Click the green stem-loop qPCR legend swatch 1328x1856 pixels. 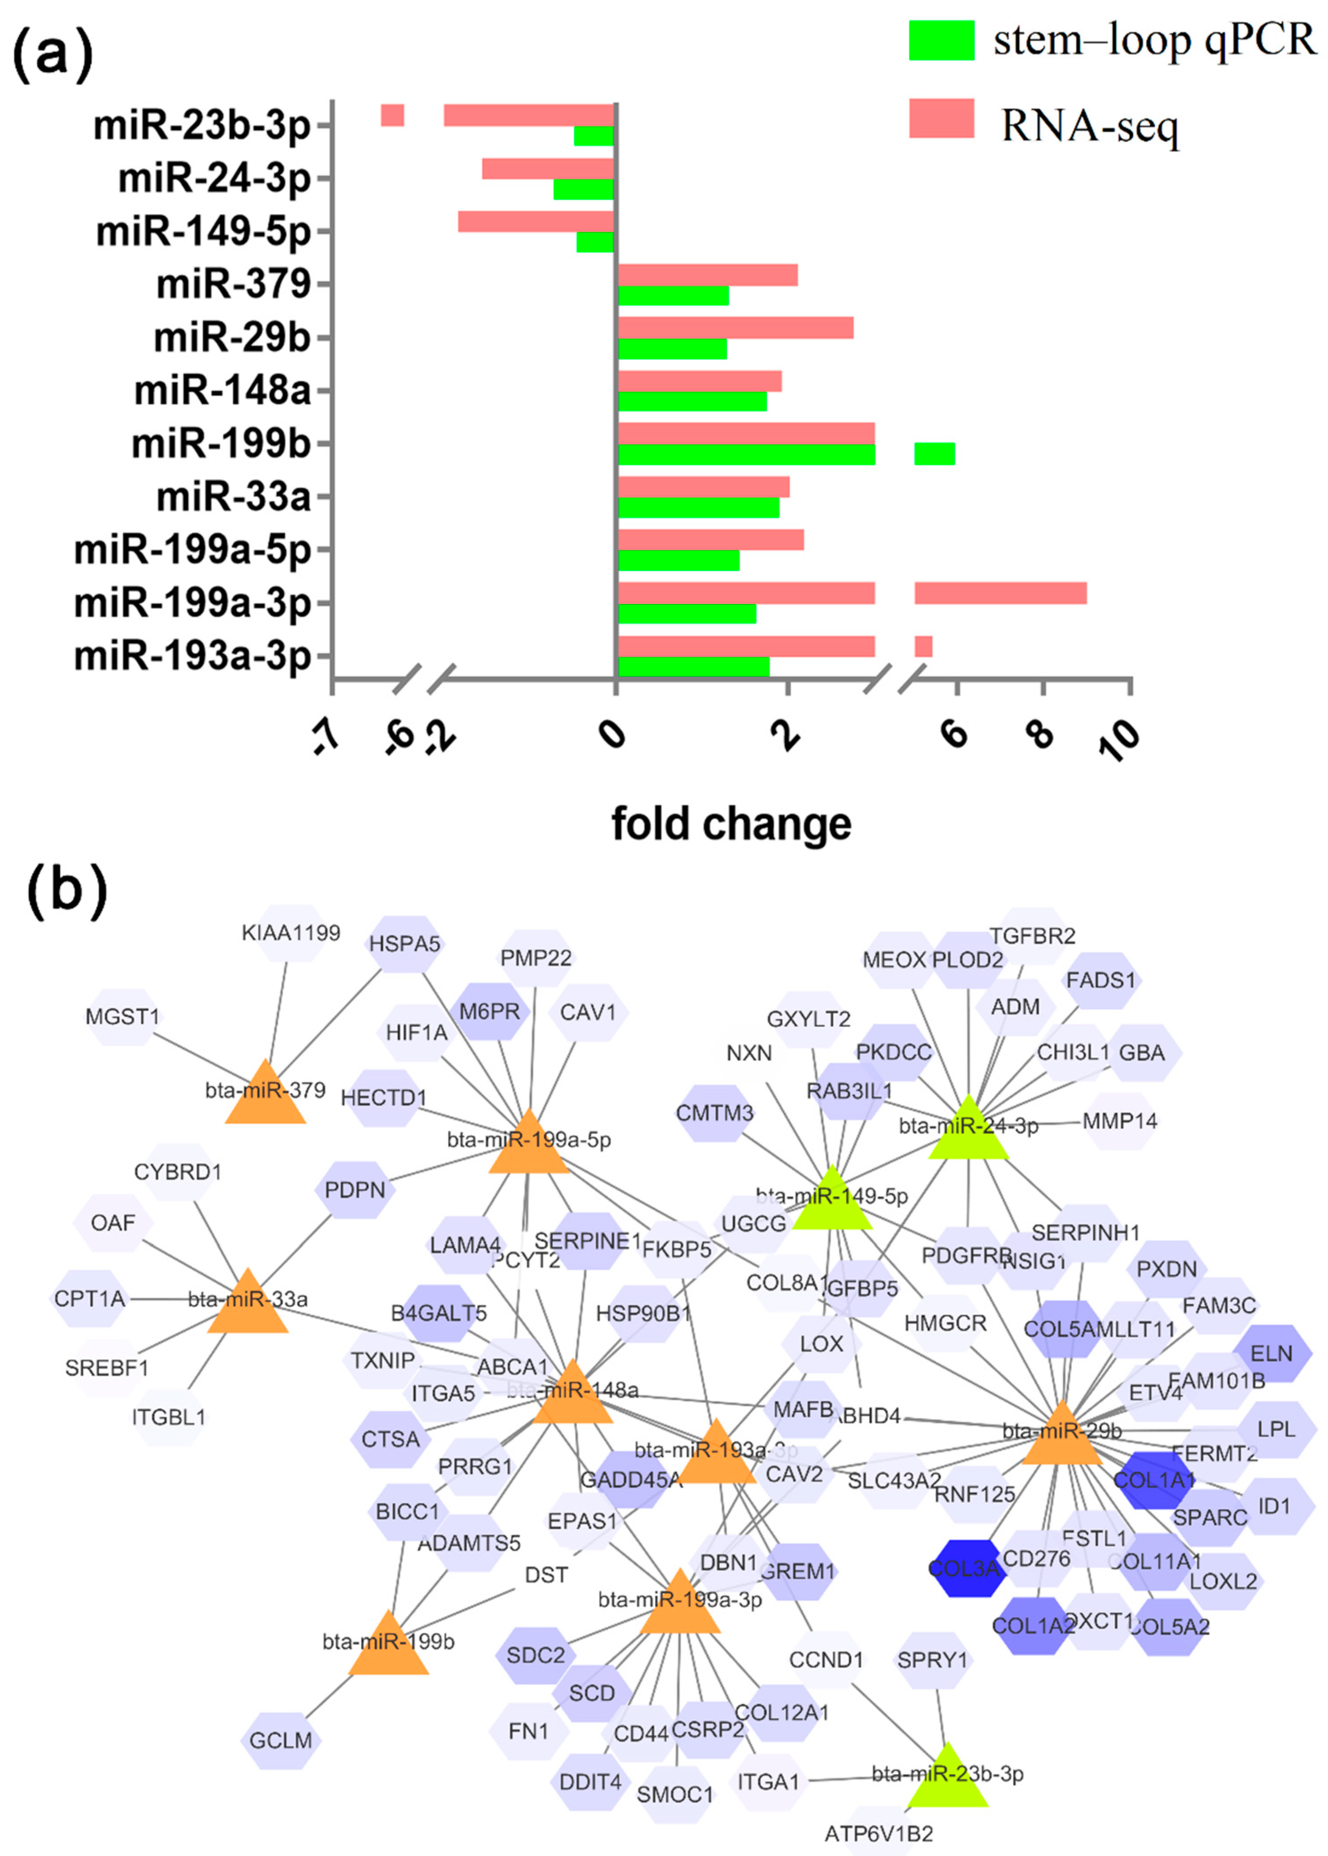(x=941, y=40)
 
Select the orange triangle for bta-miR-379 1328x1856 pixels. (x=265, y=1096)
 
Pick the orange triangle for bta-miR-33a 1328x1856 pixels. (x=248, y=1306)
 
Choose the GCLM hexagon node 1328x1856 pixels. (x=281, y=1740)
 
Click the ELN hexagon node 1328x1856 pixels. (x=1271, y=1354)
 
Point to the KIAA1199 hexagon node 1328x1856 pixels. (x=291, y=933)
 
